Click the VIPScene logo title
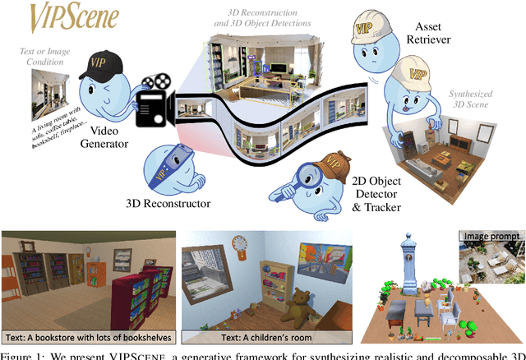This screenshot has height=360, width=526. pyautogui.click(x=75, y=16)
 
